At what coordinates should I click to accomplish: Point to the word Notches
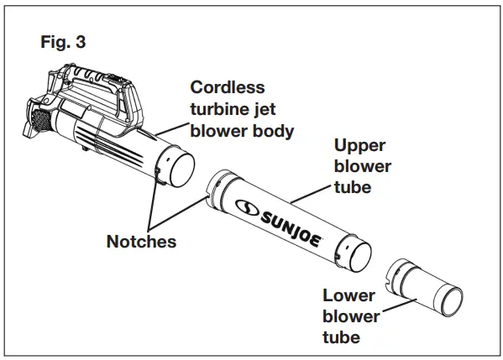[141, 241]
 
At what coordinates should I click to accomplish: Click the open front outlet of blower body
[178, 172]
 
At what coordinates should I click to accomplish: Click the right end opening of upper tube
[356, 254]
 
